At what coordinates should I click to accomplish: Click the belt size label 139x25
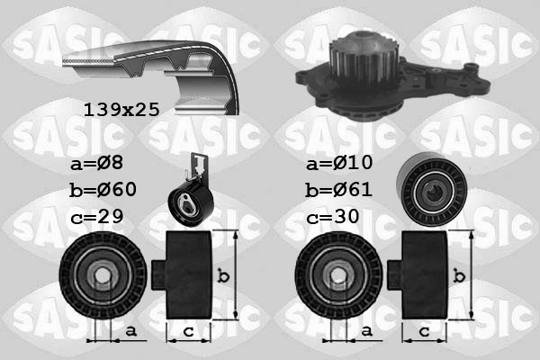[121, 110]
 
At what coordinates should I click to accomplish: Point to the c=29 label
[97, 216]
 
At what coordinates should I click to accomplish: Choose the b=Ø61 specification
[338, 190]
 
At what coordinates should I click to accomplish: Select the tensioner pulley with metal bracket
[191, 193]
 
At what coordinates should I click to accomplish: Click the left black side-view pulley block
[186, 274]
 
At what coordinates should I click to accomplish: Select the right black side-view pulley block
[424, 274]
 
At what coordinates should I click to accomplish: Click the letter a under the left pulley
[131, 332]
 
